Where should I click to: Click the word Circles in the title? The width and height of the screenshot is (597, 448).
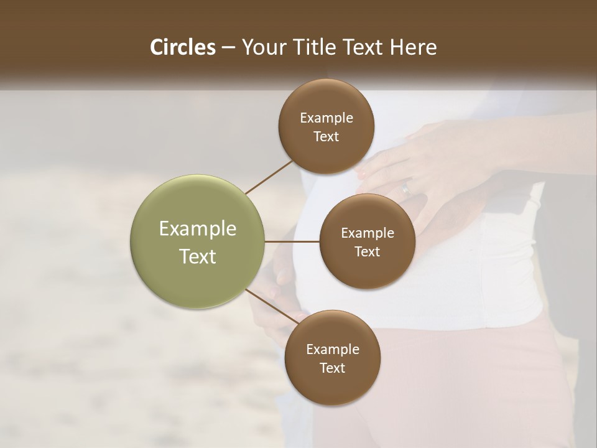click(182, 47)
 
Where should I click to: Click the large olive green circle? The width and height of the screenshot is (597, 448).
click(197, 241)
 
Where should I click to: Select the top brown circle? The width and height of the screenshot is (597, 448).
click(326, 126)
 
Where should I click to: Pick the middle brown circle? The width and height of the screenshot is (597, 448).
click(367, 241)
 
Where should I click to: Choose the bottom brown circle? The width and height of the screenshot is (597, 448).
click(332, 358)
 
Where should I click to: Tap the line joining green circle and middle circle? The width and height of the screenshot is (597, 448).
click(292, 241)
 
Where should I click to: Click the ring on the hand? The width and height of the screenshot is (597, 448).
click(406, 187)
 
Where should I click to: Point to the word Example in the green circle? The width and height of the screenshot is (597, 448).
click(197, 229)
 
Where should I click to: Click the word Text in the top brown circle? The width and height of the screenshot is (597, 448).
click(326, 137)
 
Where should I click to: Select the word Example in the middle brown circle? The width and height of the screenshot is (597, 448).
click(367, 233)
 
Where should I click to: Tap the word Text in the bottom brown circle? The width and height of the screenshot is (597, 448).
click(332, 368)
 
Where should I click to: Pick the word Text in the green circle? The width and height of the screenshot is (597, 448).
click(197, 256)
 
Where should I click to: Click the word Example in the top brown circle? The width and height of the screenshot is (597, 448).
click(326, 118)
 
